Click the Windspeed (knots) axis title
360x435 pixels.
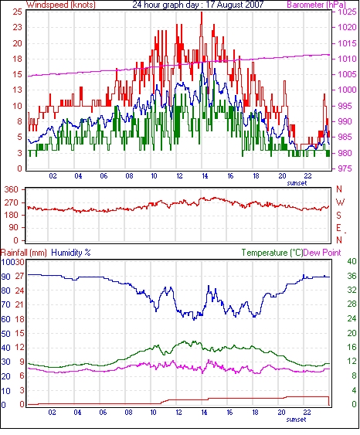click(61, 5)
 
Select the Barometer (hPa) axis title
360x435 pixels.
click(317, 5)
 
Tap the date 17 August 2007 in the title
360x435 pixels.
click(235, 5)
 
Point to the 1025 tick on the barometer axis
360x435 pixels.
click(347, 12)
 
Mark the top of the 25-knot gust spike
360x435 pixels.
click(202, 12)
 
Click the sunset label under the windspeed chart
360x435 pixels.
click(297, 183)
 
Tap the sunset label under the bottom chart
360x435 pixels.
click(296, 420)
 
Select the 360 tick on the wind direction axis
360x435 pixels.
click(11, 190)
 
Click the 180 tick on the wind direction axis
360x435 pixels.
click(11, 216)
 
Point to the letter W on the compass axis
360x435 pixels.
click(340, 202)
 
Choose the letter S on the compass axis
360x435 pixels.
click(338, 216)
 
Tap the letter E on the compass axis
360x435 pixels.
click(338, 228)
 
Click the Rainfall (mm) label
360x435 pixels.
click(24, 253)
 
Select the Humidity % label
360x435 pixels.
click(71, 253)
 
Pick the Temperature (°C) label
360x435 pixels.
click(272, 253)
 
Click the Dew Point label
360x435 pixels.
click(322, 253)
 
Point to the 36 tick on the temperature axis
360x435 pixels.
click(352, 276)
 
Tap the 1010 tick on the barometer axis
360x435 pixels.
click(347, 59)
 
